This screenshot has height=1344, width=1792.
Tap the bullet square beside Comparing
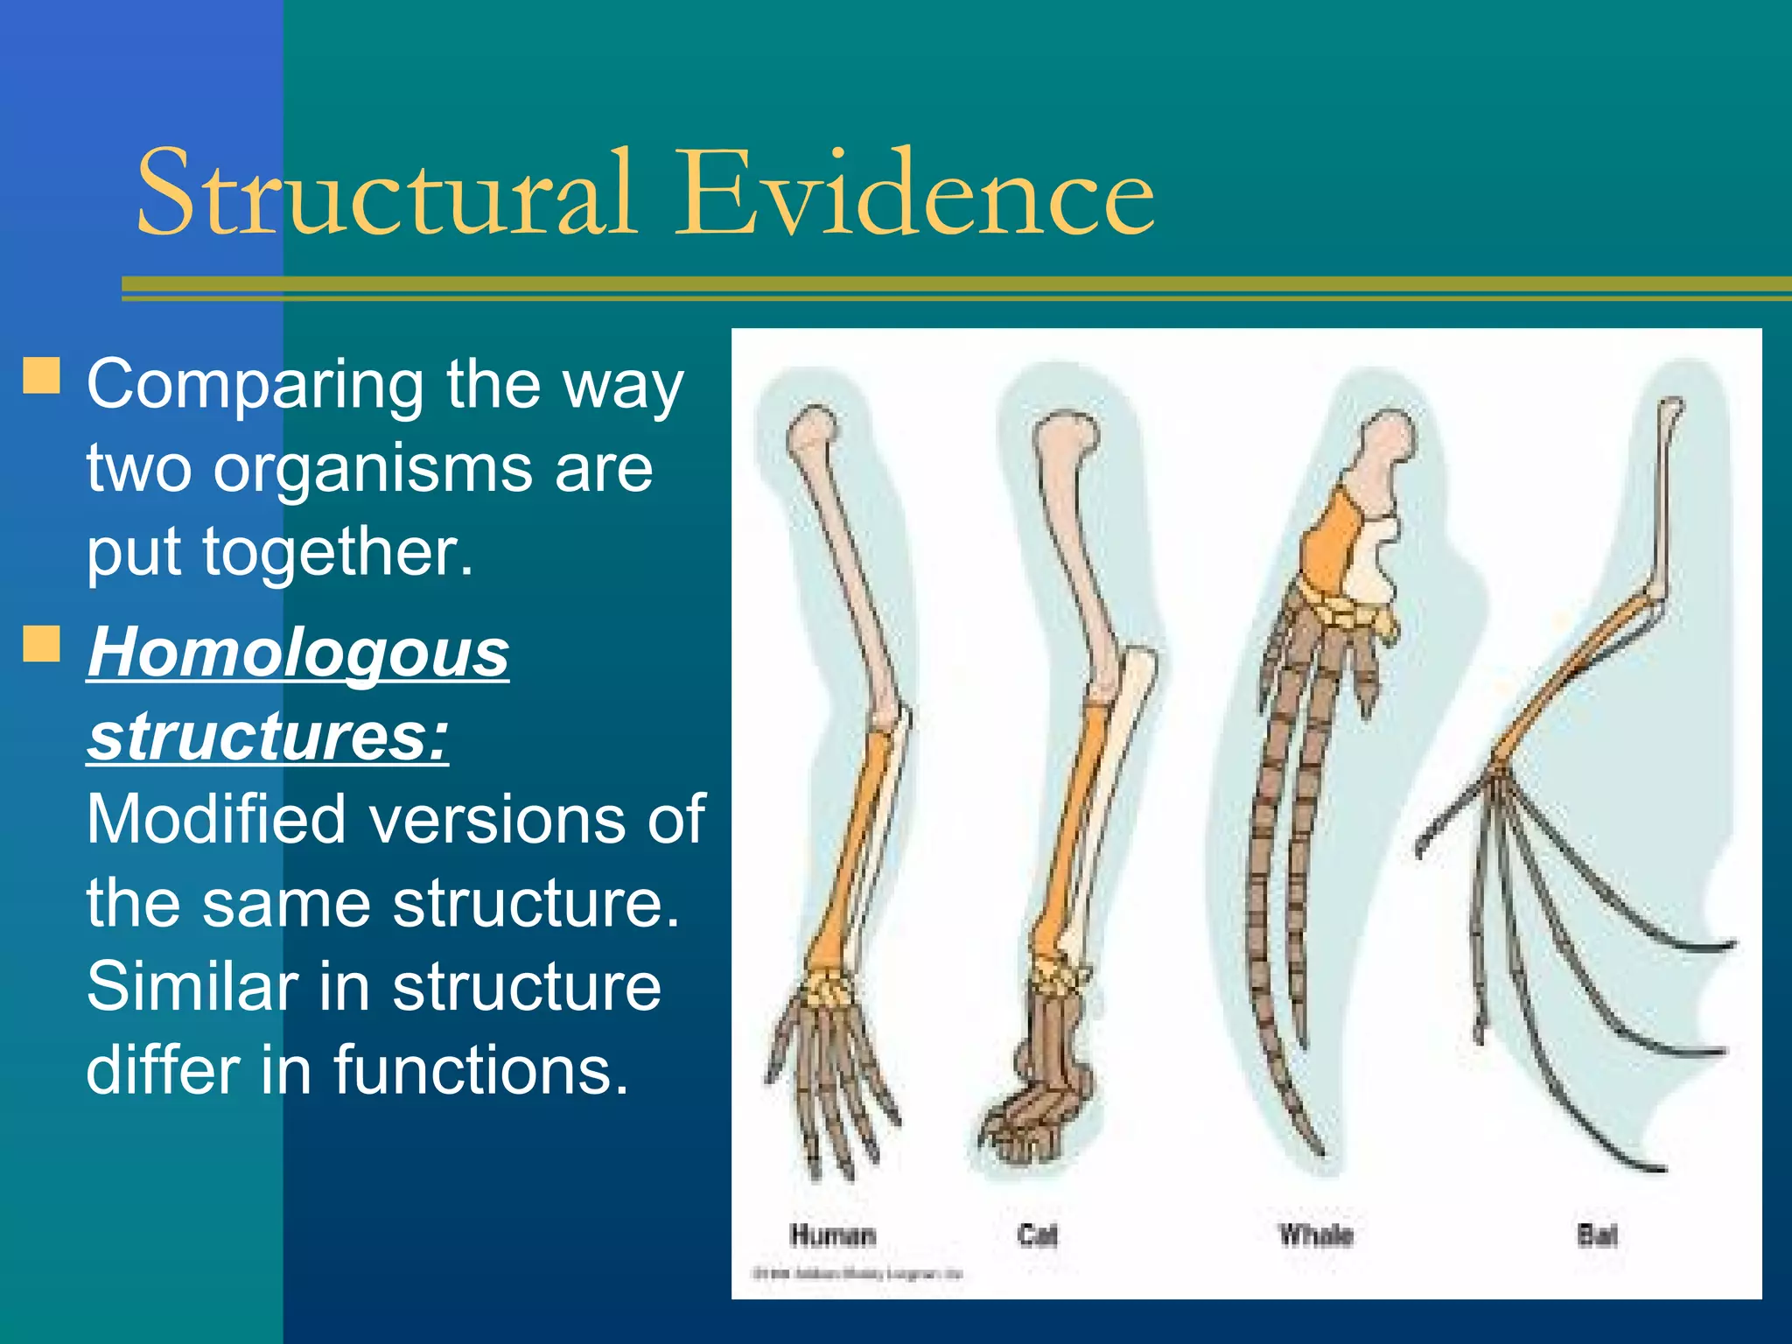pyautogui.click(x=41, y=375)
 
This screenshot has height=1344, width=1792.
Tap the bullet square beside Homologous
pyautogui.click(x=41, y=644)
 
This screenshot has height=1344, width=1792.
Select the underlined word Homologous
pyautogui.click(x=298, y=653)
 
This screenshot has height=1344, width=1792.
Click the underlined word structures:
pyautogui.click(x=268, y=736)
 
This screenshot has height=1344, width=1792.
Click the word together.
pyautogui.click(x=337, y=552)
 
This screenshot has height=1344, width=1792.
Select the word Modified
pyautogui.click(x=215, y=820)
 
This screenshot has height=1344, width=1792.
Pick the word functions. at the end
pyautogui.click(x=480, y=1070)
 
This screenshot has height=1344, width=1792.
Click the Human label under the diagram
pyautogui.click(x=832, y=1235)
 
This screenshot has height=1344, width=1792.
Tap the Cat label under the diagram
pyautogui.click(x=1038, y=1235)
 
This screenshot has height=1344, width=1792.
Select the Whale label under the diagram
pyautogui.click(x=1315, y=1235)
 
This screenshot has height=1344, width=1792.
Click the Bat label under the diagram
pyautogui.click(x=1597, y=1235)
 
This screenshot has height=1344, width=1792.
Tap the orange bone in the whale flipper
pyautogui.click(x=1330, y=542)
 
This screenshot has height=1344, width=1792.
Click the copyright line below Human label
pyautogui.click(x=857, y=1273)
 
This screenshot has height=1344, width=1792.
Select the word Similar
pyautogui.click(x=192, y=987)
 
